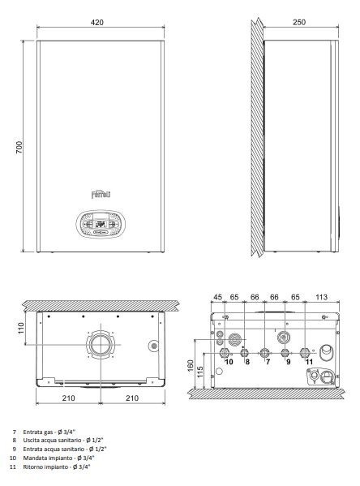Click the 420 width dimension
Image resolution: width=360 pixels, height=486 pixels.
(97, 23)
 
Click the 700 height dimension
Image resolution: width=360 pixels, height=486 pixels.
(19, 147)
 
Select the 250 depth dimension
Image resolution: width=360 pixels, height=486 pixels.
(299, 22)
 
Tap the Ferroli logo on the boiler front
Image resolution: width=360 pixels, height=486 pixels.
(101, 195)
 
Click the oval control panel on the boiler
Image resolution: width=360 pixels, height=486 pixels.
(101, 224)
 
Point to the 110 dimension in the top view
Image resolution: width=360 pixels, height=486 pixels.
(21, 328)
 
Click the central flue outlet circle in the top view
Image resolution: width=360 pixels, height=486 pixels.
(101, 344)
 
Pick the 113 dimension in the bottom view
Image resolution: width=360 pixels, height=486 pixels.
(321, 297)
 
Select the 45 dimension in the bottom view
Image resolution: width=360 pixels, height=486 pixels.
(218, 297)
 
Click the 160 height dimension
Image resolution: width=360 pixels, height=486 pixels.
(191, 365)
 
